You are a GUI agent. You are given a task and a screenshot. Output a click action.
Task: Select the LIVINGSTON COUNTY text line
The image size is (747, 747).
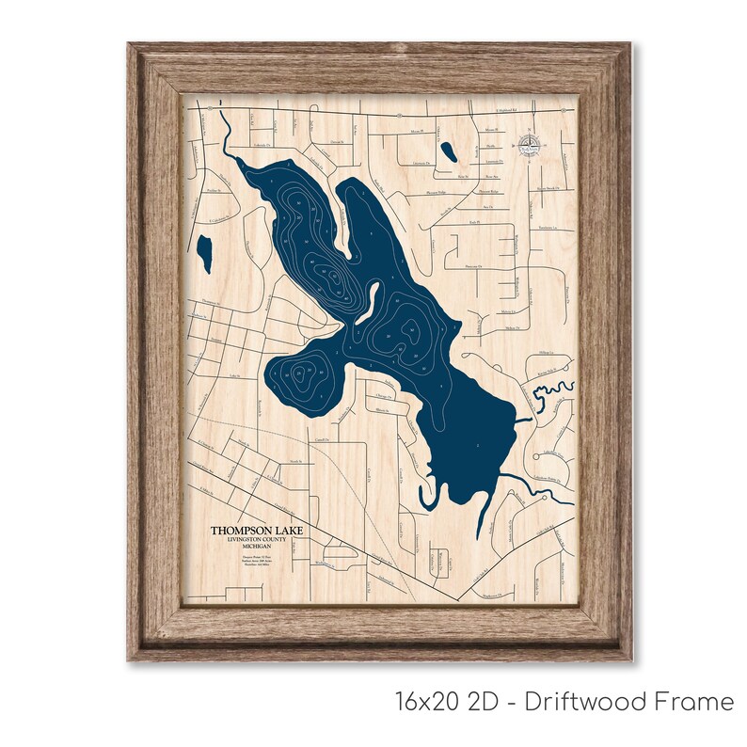pos(255,540)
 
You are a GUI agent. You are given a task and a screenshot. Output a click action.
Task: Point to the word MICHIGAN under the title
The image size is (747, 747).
pos(255,548)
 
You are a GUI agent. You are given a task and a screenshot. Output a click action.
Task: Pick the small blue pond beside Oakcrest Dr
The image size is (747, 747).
pos(446,149)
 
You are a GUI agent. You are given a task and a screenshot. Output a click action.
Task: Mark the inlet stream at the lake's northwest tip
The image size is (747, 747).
pos(227,146)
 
